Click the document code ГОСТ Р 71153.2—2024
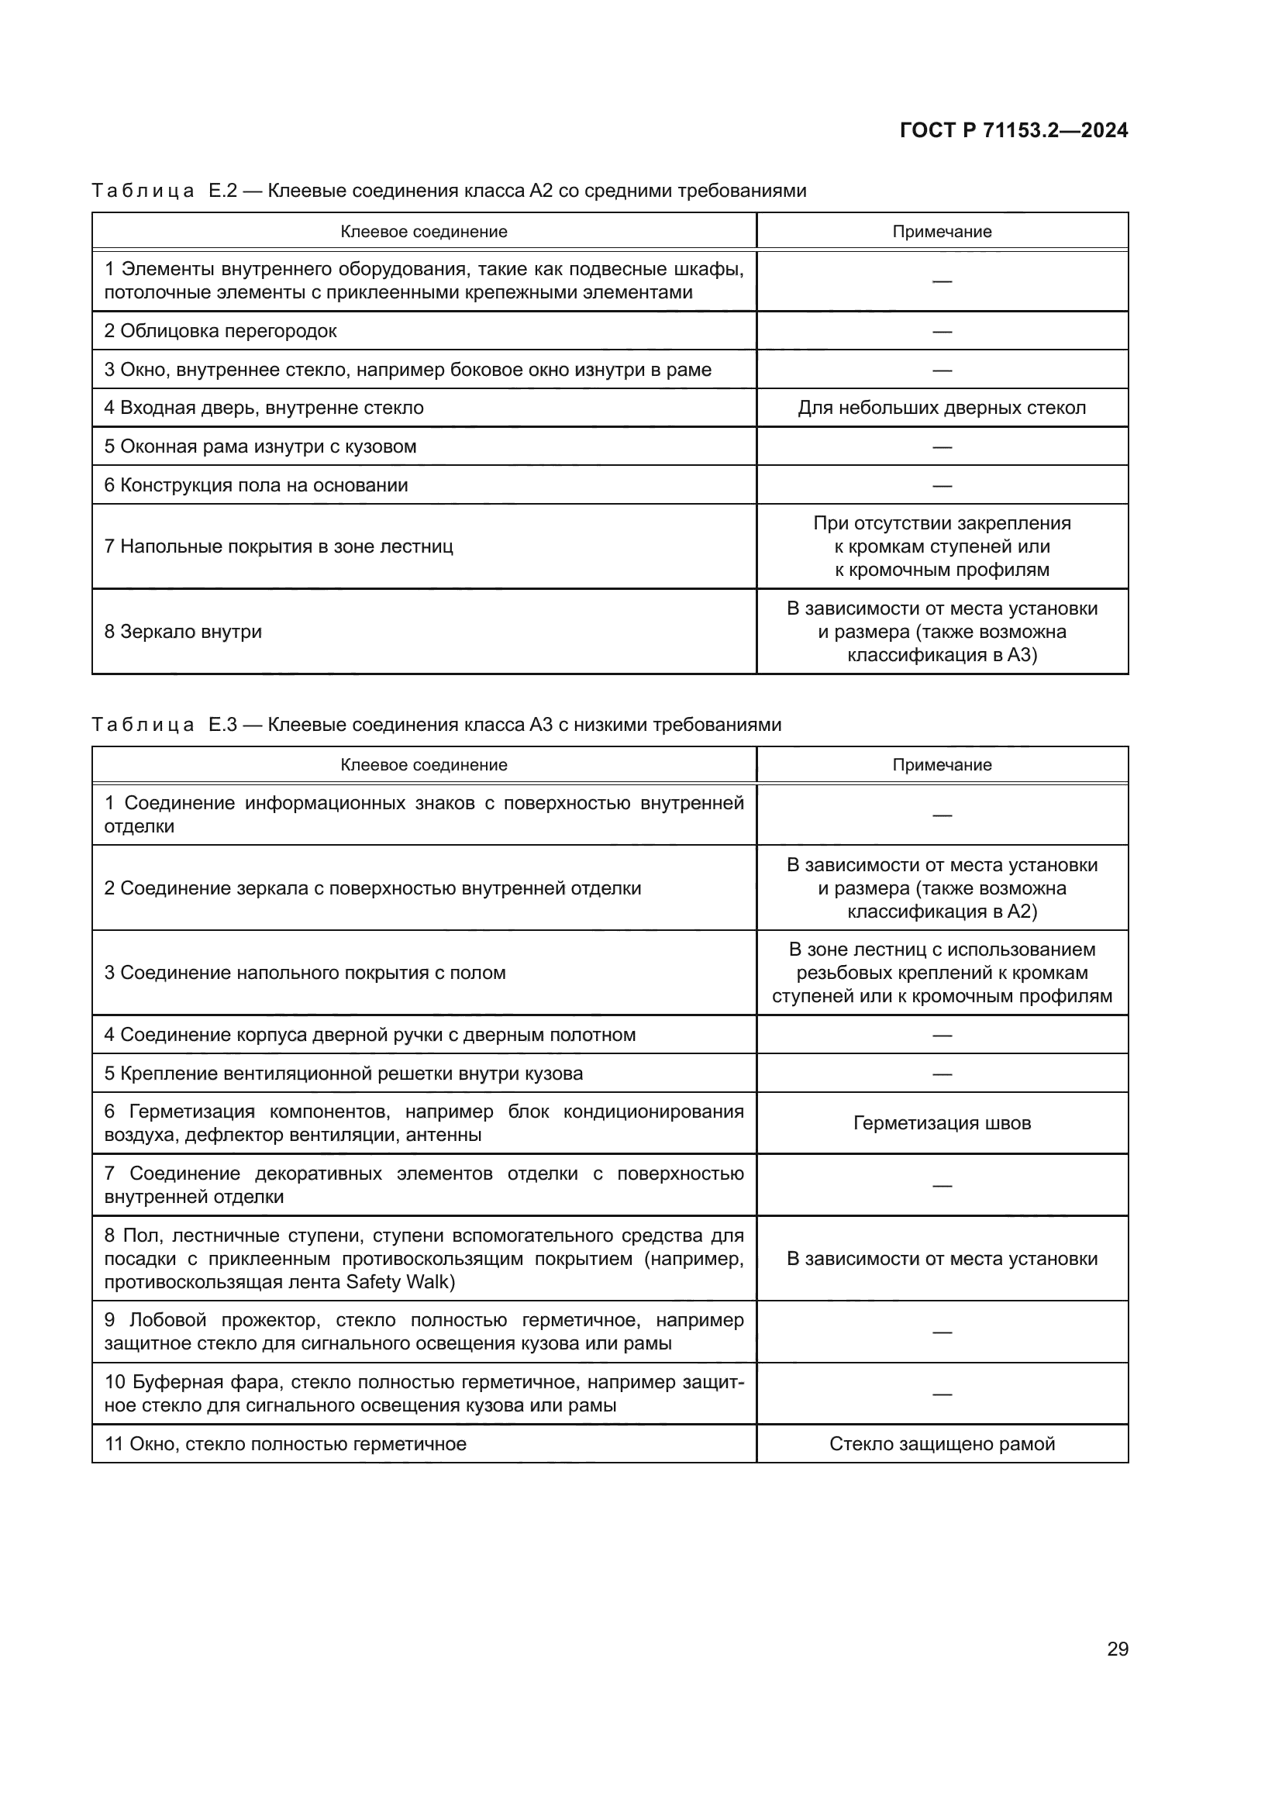(1014, 130)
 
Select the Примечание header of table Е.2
(942, 231)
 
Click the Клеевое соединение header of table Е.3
(424, 764)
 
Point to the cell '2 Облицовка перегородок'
(220, 331)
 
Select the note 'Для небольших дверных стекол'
(942, 408)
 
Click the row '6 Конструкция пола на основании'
(256, 484)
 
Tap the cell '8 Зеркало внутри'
(183, 632)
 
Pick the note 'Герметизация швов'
(942, 1123)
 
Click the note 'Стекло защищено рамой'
(942, 1443)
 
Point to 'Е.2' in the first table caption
(222, 191)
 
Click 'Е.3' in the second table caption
(222, 724)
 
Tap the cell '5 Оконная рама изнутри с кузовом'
(260, 446)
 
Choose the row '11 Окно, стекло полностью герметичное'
(286, 1443)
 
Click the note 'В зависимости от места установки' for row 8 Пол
(942, 1259)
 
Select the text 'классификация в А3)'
(942, 655)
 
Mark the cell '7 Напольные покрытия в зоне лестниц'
(279, 546)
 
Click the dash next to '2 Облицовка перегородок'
(942, 331)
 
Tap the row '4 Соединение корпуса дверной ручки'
(370, 1035)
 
